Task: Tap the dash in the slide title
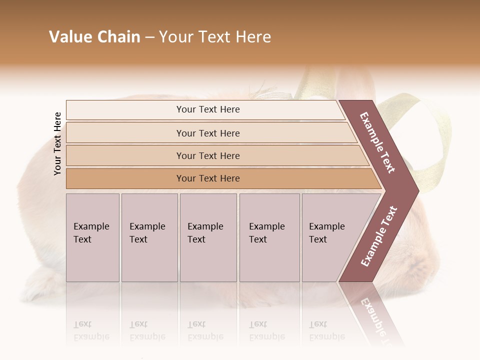149,37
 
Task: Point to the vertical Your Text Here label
57,143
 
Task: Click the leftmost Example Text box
92,237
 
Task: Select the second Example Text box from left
149,237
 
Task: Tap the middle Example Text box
208,237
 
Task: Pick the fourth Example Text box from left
269,237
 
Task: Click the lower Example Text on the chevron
379,236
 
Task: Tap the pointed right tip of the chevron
417,190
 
